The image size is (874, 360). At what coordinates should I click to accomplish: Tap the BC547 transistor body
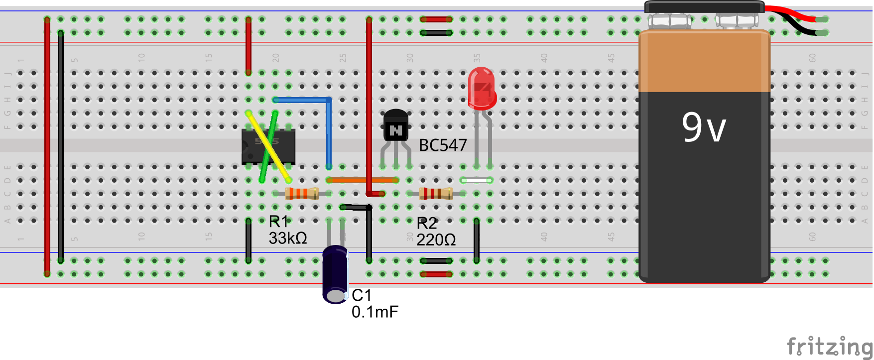click(396, 126)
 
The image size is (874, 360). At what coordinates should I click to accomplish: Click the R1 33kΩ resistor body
click(302, 193)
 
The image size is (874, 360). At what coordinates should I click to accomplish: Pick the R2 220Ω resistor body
click(436, 193)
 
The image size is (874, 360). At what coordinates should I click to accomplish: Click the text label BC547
click(443, 145)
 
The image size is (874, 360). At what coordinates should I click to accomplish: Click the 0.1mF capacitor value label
click(375, 312)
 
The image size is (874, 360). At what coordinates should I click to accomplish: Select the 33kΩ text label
click(288, 238)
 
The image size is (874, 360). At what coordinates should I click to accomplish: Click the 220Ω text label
click(436, 240)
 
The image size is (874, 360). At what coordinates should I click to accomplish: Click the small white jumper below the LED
click(477, 180)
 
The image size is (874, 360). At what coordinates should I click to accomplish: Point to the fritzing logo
click(829, 346)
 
